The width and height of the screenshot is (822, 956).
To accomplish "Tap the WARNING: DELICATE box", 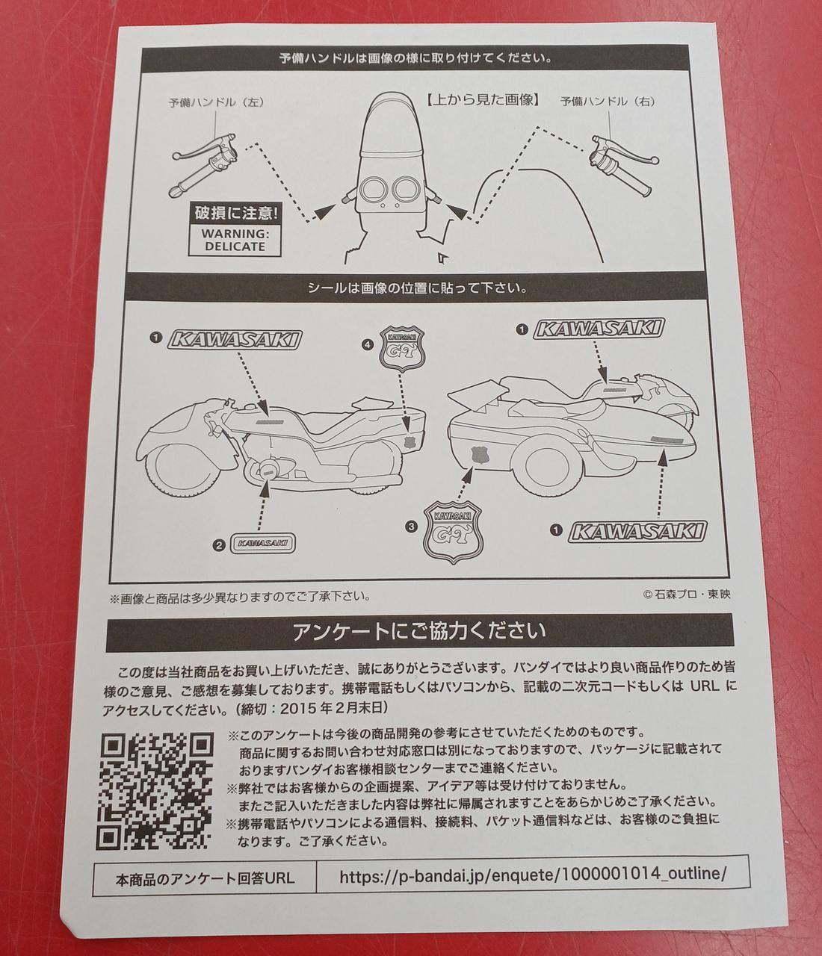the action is [x=235, y=240].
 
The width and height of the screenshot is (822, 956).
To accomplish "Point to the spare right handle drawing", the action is [x=624, y=164].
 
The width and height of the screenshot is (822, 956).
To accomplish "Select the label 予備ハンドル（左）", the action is [x=216, y=102].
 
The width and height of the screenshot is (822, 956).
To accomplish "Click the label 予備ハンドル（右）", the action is [x=608, y=102].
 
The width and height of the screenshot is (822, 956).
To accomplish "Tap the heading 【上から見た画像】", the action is [x=483, y=100].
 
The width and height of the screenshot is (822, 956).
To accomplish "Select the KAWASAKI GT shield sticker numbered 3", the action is [x=454, y=533].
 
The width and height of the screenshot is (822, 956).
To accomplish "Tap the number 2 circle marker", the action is [x=219, y=545].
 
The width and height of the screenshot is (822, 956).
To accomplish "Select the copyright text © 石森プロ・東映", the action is [x=687, y=595].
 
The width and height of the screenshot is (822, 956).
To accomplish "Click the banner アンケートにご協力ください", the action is [x=419, y=632].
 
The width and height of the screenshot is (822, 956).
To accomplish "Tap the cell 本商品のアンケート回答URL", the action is [x=205, y=876].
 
